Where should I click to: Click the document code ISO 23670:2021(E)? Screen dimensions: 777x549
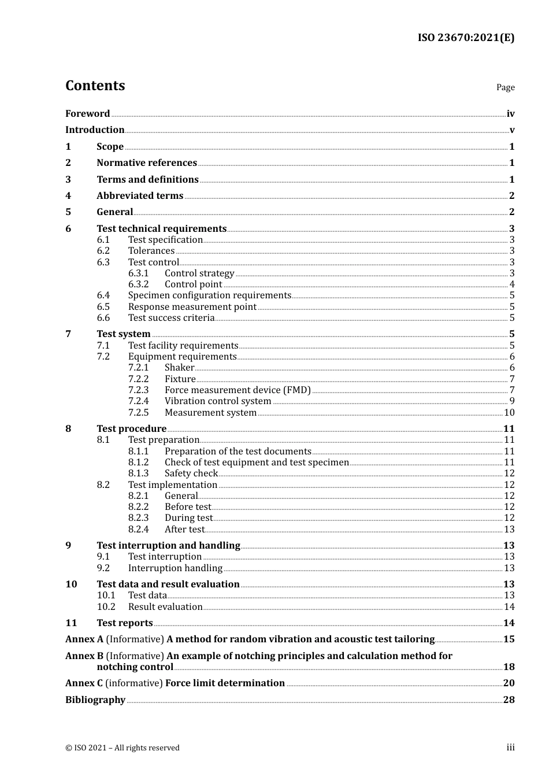466,38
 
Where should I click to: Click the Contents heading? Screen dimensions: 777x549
95,86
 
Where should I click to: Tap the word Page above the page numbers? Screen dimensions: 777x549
505,87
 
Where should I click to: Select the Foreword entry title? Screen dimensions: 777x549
87,114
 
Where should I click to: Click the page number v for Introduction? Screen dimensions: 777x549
511,130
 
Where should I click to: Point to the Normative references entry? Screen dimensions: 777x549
147,163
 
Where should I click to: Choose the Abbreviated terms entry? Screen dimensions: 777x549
140,196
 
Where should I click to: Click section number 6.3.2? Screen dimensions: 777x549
138,284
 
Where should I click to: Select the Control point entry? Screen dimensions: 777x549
193,284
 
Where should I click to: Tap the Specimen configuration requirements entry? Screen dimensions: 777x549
209,295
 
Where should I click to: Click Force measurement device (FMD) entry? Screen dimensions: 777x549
238,390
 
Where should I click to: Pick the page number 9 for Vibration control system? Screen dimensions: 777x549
511,401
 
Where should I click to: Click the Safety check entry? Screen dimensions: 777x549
191,473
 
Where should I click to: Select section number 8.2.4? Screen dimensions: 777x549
138,530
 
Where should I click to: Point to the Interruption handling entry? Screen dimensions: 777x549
175,568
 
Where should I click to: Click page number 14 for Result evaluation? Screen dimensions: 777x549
509,607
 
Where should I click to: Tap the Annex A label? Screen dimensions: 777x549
84,639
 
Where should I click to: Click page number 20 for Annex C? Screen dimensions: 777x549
509,683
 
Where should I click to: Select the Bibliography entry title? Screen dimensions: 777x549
95,700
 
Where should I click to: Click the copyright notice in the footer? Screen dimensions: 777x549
123,748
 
